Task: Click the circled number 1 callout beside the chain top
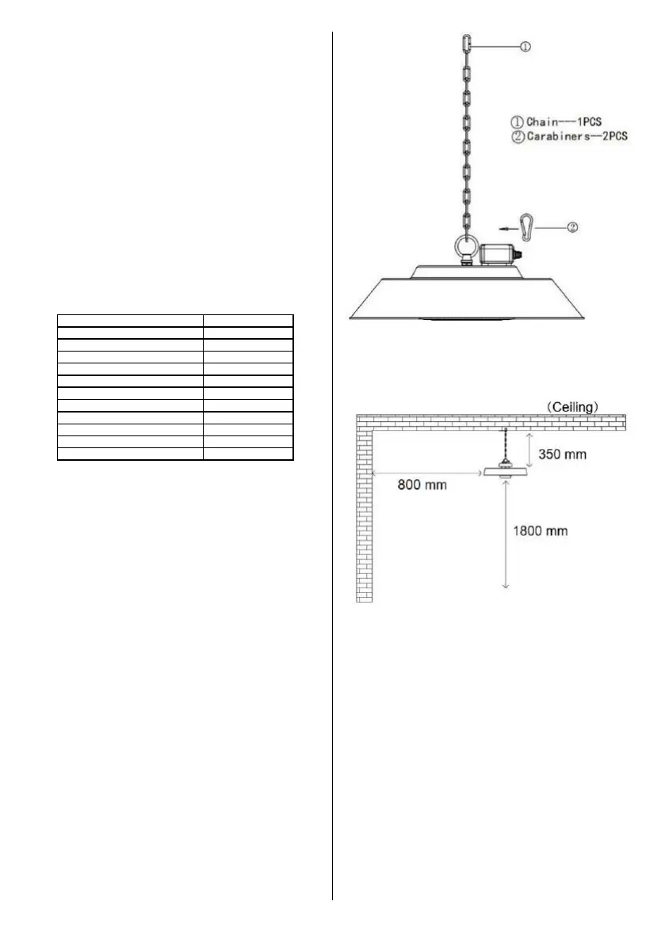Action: pos(525,47)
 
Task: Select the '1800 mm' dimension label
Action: pos(538,530)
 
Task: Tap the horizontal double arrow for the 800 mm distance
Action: pos(427,473)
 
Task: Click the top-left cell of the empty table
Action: pos(130,321)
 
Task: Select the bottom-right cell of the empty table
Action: pos(248,454)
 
